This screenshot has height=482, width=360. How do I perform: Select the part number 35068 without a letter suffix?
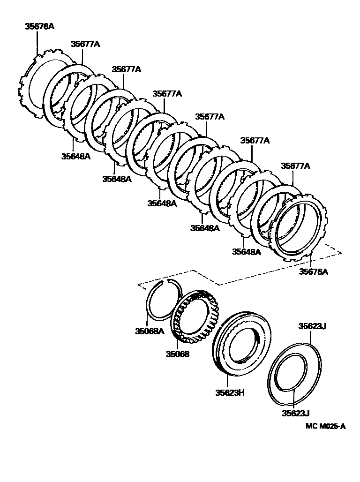tap(177, 354)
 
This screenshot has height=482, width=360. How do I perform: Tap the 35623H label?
tap(227, 392)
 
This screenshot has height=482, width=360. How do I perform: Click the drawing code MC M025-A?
tap(325, 426)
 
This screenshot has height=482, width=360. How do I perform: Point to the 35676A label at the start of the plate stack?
tap(39, 27)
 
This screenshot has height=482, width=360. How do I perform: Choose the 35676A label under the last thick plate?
tap(313, 271)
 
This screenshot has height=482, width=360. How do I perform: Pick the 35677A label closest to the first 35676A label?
tap(85, 44)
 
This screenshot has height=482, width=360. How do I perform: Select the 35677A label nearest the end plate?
tap(295, 166)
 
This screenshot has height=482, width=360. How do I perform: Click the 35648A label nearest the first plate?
tap(75, 156)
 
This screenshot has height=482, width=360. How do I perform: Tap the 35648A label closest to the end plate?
tap(246, 252)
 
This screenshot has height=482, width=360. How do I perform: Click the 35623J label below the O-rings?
tap(296, 413)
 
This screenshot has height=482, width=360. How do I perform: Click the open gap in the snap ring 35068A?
tap(166, 281)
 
